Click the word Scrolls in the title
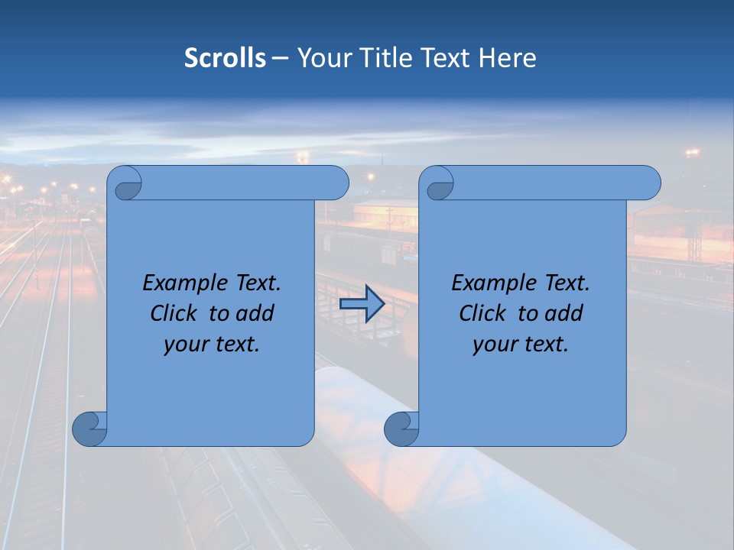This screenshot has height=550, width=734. click(225, 57)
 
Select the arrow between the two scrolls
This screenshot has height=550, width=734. click(362, 304)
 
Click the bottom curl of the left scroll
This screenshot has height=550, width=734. click(89, 429)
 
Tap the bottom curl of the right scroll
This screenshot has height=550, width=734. click(401, 429)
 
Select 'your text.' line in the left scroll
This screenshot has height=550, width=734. click(212, 344)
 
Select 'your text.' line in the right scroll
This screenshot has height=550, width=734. click(521, 344)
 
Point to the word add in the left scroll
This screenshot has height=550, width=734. click(256, 313)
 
